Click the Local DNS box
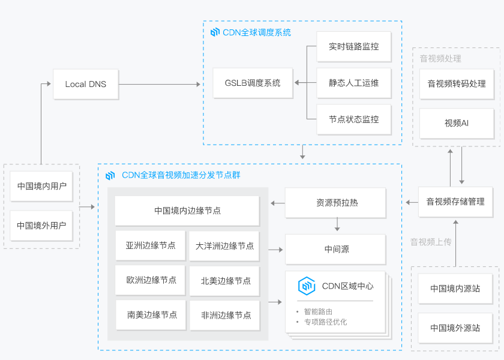[x=85, y=84]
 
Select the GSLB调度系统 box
[x=252, y=83]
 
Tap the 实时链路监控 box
[x=353, y=46]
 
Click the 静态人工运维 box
[x=353, y=83]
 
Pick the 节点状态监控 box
[x=353, y=119]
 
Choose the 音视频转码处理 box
[x=457, y=84]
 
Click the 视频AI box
[x=457, y=123]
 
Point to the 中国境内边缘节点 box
[x=187, y=211]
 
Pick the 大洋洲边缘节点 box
[x=224, y=246]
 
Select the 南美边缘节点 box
[x=152, y=315]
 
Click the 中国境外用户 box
[x=41, y=226]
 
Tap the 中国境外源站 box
[x=455, y=328]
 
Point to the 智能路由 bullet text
[x=318, y=311]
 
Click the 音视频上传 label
[x=430, y=242]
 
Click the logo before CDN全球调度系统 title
[x=215, y=32]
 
